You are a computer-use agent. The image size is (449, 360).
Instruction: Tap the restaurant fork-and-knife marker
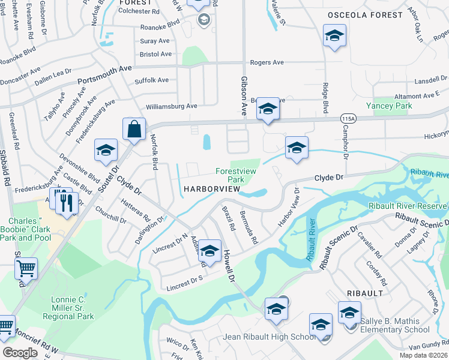(66, 203)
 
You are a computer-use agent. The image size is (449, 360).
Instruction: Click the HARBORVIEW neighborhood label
(211, 189)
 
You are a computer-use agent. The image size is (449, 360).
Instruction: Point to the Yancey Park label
(393, 106)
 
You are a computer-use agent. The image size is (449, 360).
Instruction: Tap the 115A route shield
(348, 118)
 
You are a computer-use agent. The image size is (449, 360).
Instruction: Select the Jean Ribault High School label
(269, 337)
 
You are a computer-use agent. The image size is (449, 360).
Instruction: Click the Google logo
(20, 353)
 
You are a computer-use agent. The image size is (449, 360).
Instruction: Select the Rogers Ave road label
(267, 62)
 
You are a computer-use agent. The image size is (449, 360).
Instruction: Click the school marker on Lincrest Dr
(209, 251)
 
